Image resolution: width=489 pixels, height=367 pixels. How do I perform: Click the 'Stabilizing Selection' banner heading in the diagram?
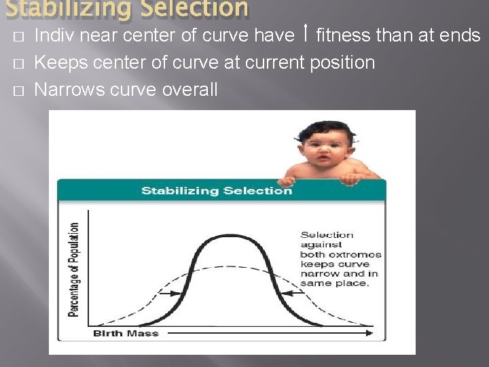coord(217,190)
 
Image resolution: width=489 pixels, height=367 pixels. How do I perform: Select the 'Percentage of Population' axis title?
coord(73,269)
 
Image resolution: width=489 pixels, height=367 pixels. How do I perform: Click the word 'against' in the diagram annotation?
coord(319,245)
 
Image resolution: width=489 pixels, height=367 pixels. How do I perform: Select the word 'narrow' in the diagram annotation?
coord(316,274)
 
